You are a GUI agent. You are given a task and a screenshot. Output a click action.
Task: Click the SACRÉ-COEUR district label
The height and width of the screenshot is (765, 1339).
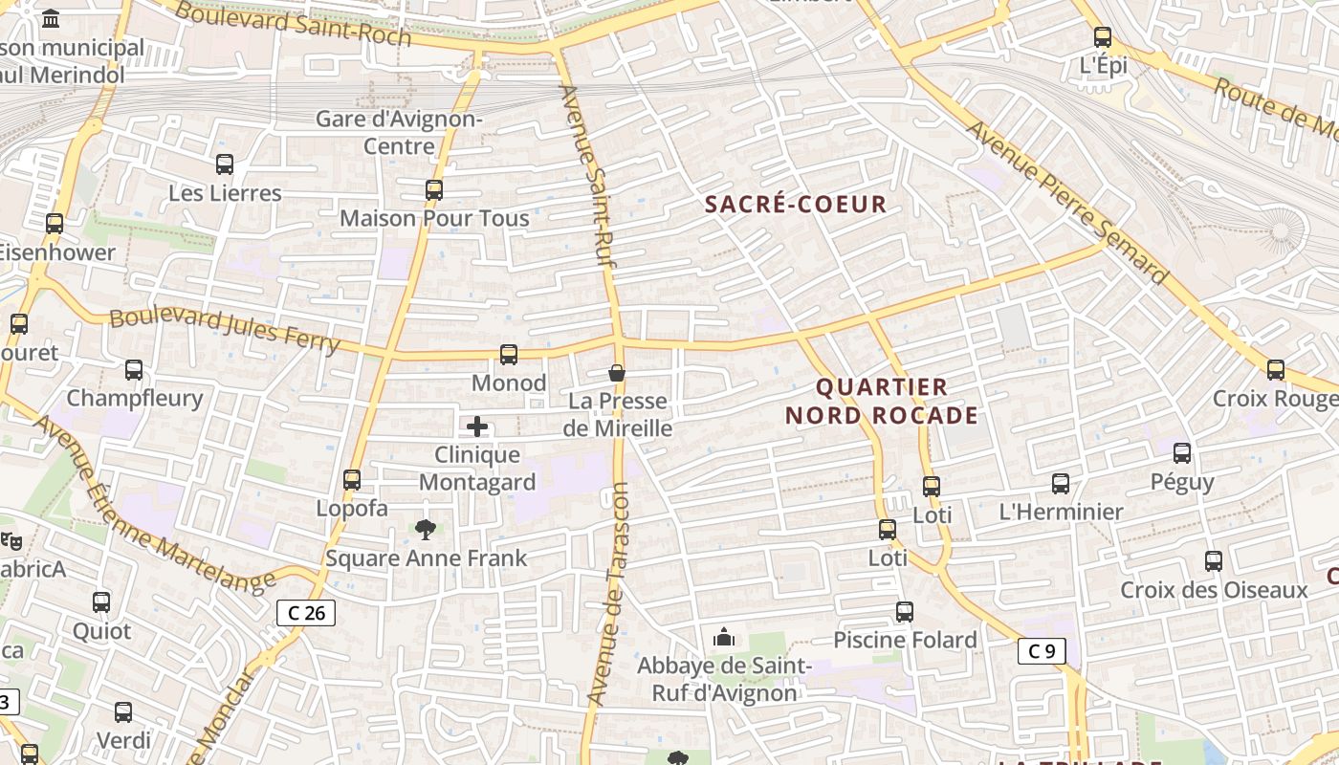(x=796, y=204)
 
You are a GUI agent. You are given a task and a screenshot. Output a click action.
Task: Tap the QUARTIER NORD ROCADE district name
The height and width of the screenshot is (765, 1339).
(x=882, y=402)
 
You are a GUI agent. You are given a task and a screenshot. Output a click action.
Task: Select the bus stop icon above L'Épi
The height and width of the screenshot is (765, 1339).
(x=1103, y=37)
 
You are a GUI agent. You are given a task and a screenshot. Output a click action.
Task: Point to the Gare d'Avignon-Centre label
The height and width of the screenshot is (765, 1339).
(x=399, y=133)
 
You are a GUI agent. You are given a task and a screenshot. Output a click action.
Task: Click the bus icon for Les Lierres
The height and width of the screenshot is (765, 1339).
(x=225, y=164)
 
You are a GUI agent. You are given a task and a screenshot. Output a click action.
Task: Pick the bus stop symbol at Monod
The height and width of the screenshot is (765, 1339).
(x=509, y=355)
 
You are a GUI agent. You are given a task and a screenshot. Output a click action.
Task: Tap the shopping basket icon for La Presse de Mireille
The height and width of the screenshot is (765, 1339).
(x=617, y=372)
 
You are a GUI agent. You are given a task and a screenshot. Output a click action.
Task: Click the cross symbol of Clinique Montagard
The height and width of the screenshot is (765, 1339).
(x=477, y=426)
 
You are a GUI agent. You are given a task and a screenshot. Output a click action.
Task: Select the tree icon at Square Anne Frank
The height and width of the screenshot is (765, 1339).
(x=426, y=529)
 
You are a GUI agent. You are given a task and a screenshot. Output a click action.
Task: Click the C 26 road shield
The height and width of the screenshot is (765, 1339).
(x=306, y=613)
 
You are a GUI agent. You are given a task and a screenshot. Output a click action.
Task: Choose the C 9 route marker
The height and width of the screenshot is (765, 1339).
(x=1042, y=652)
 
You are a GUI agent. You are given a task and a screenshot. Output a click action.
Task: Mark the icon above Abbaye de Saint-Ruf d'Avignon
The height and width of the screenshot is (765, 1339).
(x=724, y=637)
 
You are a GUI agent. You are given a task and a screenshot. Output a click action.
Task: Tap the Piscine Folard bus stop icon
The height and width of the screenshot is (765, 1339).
(x=905, y=611)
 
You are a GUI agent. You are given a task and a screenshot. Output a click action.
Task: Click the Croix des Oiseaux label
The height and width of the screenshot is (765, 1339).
(x=1214, y=590)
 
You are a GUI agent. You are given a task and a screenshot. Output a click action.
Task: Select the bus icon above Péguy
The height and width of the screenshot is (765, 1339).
(x=1182, y=453)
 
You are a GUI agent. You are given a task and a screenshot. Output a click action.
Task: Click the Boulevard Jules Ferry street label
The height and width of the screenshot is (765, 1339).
(x=225, y=329)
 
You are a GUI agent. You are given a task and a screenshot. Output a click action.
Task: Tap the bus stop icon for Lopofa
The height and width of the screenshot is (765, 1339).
(x=352, y=480)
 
